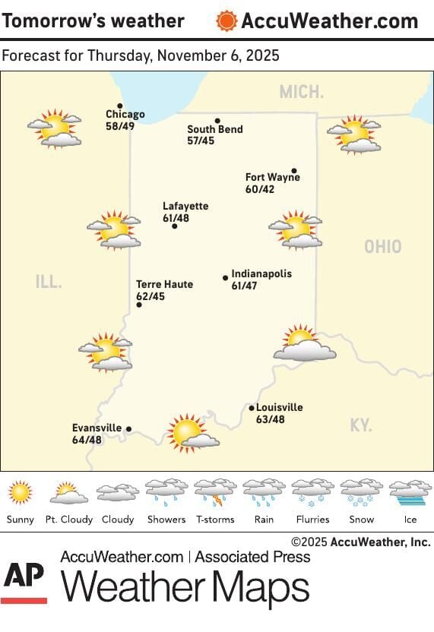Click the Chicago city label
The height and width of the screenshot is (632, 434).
point(125,115)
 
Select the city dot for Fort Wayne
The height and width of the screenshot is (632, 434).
point(294,171)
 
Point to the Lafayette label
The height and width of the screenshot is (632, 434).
point(185,206)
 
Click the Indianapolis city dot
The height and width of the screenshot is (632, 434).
point(225,278)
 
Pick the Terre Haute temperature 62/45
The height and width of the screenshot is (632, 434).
point(150,295)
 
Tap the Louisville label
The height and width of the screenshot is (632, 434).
point(280,407)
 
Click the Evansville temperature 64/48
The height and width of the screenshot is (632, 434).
point(87,439)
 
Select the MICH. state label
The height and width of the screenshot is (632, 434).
point(301,93)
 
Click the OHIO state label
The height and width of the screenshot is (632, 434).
point(382,247)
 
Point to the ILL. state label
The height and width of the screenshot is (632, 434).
point(49,283)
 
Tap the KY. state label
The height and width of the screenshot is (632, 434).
point(361,425)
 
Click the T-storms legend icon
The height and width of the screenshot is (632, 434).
point(215,493)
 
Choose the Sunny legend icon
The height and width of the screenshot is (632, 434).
point(21,493)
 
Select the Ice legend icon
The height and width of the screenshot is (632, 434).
point(410,493)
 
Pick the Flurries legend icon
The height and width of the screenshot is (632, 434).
point(312,493)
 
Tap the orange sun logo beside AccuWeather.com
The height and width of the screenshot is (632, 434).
point(227,21)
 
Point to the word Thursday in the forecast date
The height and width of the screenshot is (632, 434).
point(114,56)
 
